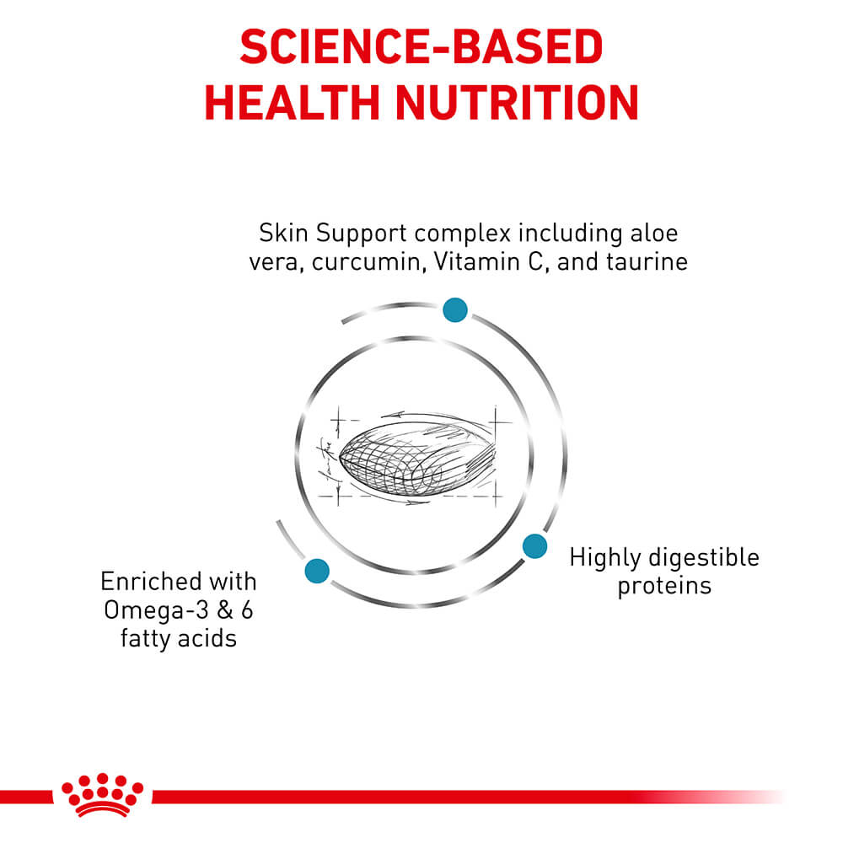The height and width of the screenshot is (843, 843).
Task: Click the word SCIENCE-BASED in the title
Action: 421,49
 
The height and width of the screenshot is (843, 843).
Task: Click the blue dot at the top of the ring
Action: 454,309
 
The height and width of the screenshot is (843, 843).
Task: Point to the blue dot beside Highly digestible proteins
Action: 534,546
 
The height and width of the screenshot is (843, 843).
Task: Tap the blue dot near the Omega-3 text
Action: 317,571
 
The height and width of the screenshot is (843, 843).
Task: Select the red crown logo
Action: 103,793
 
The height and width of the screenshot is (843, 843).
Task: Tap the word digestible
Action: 710,558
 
